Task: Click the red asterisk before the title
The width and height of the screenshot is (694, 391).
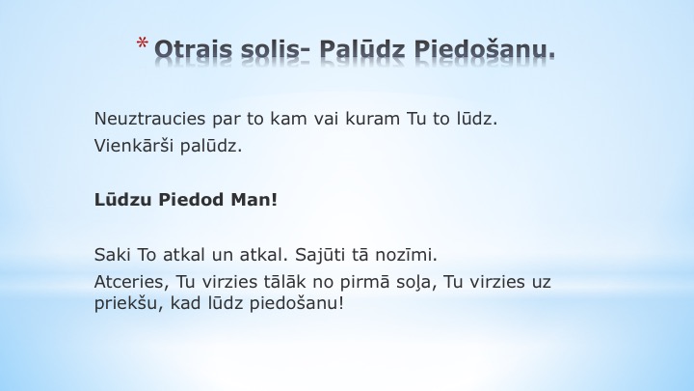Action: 142,43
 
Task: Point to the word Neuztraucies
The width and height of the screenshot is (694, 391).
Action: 149,119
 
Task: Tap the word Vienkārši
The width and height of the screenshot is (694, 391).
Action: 134,146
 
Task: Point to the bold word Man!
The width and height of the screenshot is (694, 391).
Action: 254,200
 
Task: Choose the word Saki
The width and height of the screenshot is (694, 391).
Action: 113,255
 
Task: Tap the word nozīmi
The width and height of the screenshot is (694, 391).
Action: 407,255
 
